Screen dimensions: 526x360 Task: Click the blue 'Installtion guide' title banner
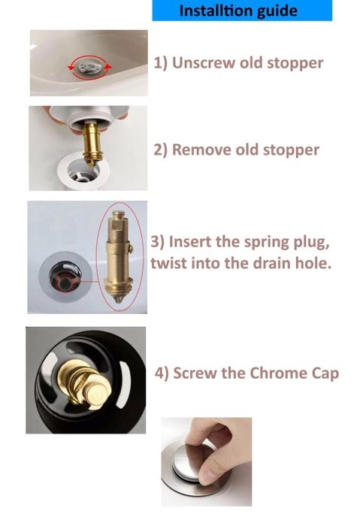pyautogui.click(x=241, y=11)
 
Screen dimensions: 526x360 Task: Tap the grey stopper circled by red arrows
pyautogui.click(x=89, y=66)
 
